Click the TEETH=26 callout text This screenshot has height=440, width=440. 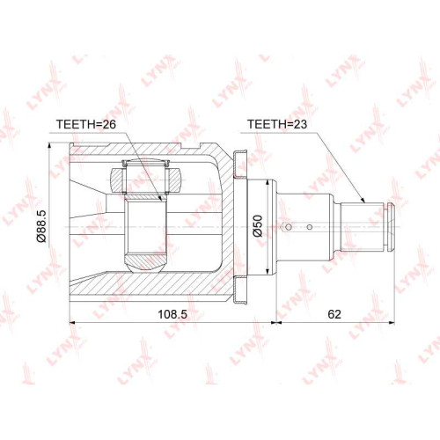coord(86,124)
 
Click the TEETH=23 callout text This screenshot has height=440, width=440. coord(277,124)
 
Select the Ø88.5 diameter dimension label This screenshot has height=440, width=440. coord(41,226)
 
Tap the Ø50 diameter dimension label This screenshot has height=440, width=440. coord(258,225)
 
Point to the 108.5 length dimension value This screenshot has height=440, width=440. coord(172,314)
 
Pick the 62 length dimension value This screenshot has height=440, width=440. coord(334,314)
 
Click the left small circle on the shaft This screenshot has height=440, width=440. coord(289,227)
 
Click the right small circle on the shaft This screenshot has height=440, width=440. coord(310,227)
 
